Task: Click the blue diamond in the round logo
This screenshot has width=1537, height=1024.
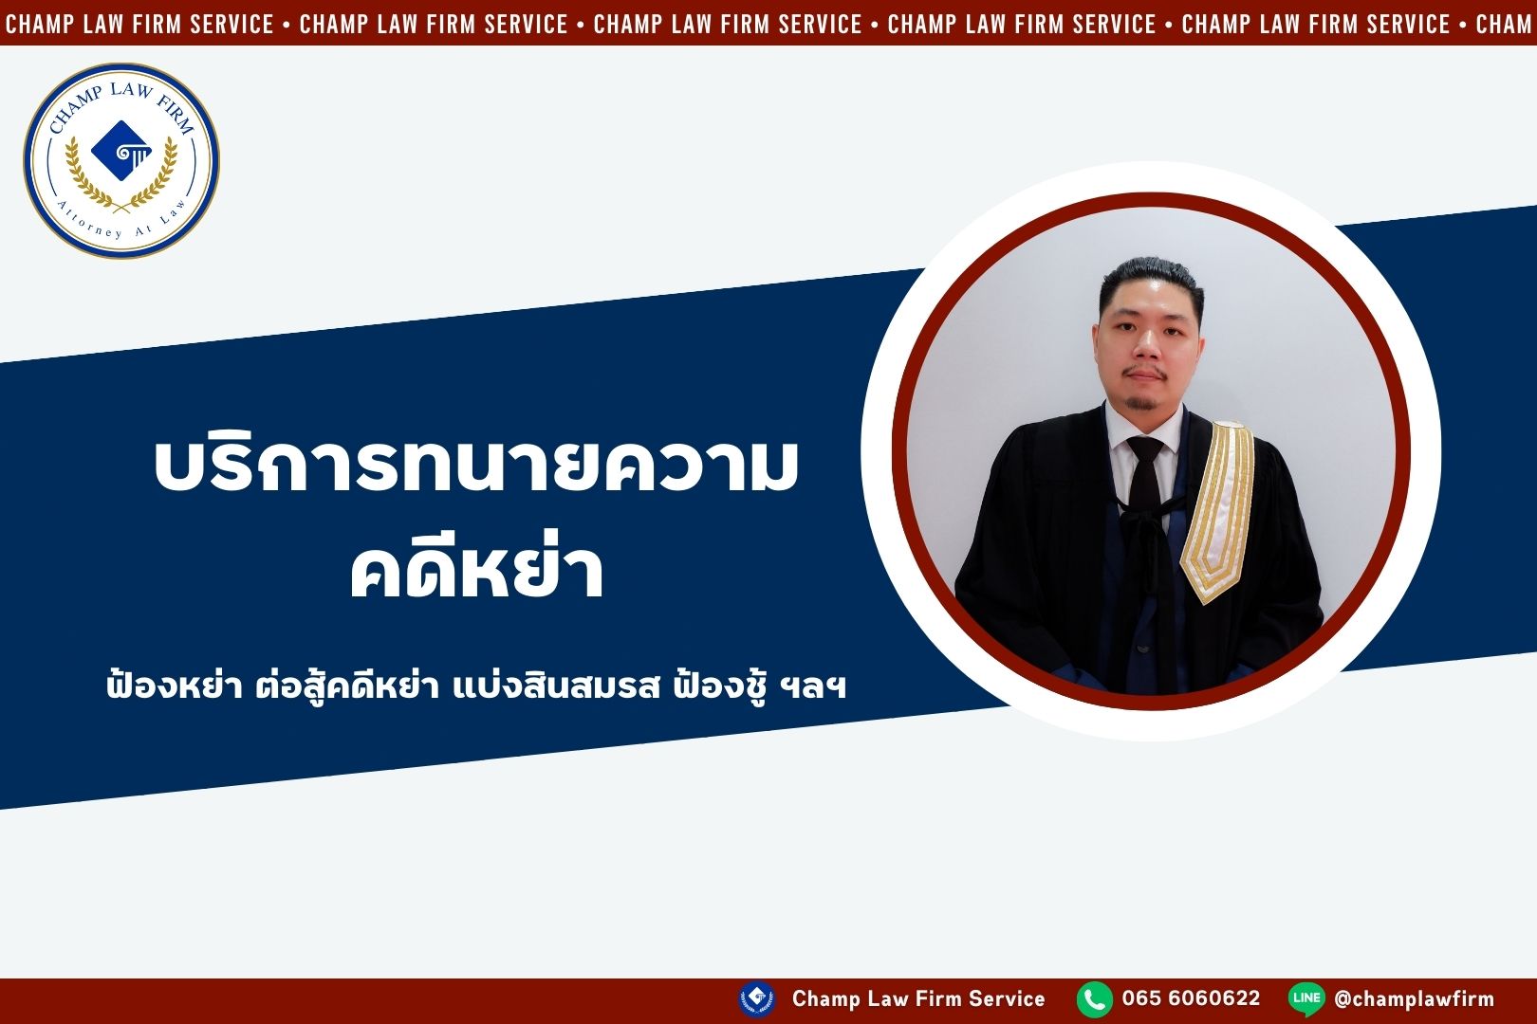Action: (x=121, y=151)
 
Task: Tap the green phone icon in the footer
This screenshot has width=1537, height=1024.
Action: (x=1095, y=999)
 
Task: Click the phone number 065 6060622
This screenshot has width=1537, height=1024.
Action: (x=1192, y=998)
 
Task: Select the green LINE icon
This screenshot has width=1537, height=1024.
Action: (x=1306, y=999)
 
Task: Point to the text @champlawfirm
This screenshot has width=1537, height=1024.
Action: (x=1415, y=999)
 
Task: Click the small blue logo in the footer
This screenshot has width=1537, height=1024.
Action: (x=757, y=999)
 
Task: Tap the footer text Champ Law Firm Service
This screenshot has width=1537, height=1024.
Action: (x=918, y=998)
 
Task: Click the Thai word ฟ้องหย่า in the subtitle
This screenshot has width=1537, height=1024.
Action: (x=175, y=686)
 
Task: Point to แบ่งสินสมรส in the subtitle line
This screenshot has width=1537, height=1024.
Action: (x=557, y=686)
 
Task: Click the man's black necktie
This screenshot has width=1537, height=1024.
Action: (x=1144, y=480)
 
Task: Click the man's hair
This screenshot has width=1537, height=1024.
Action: (x=1151, y=278)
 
